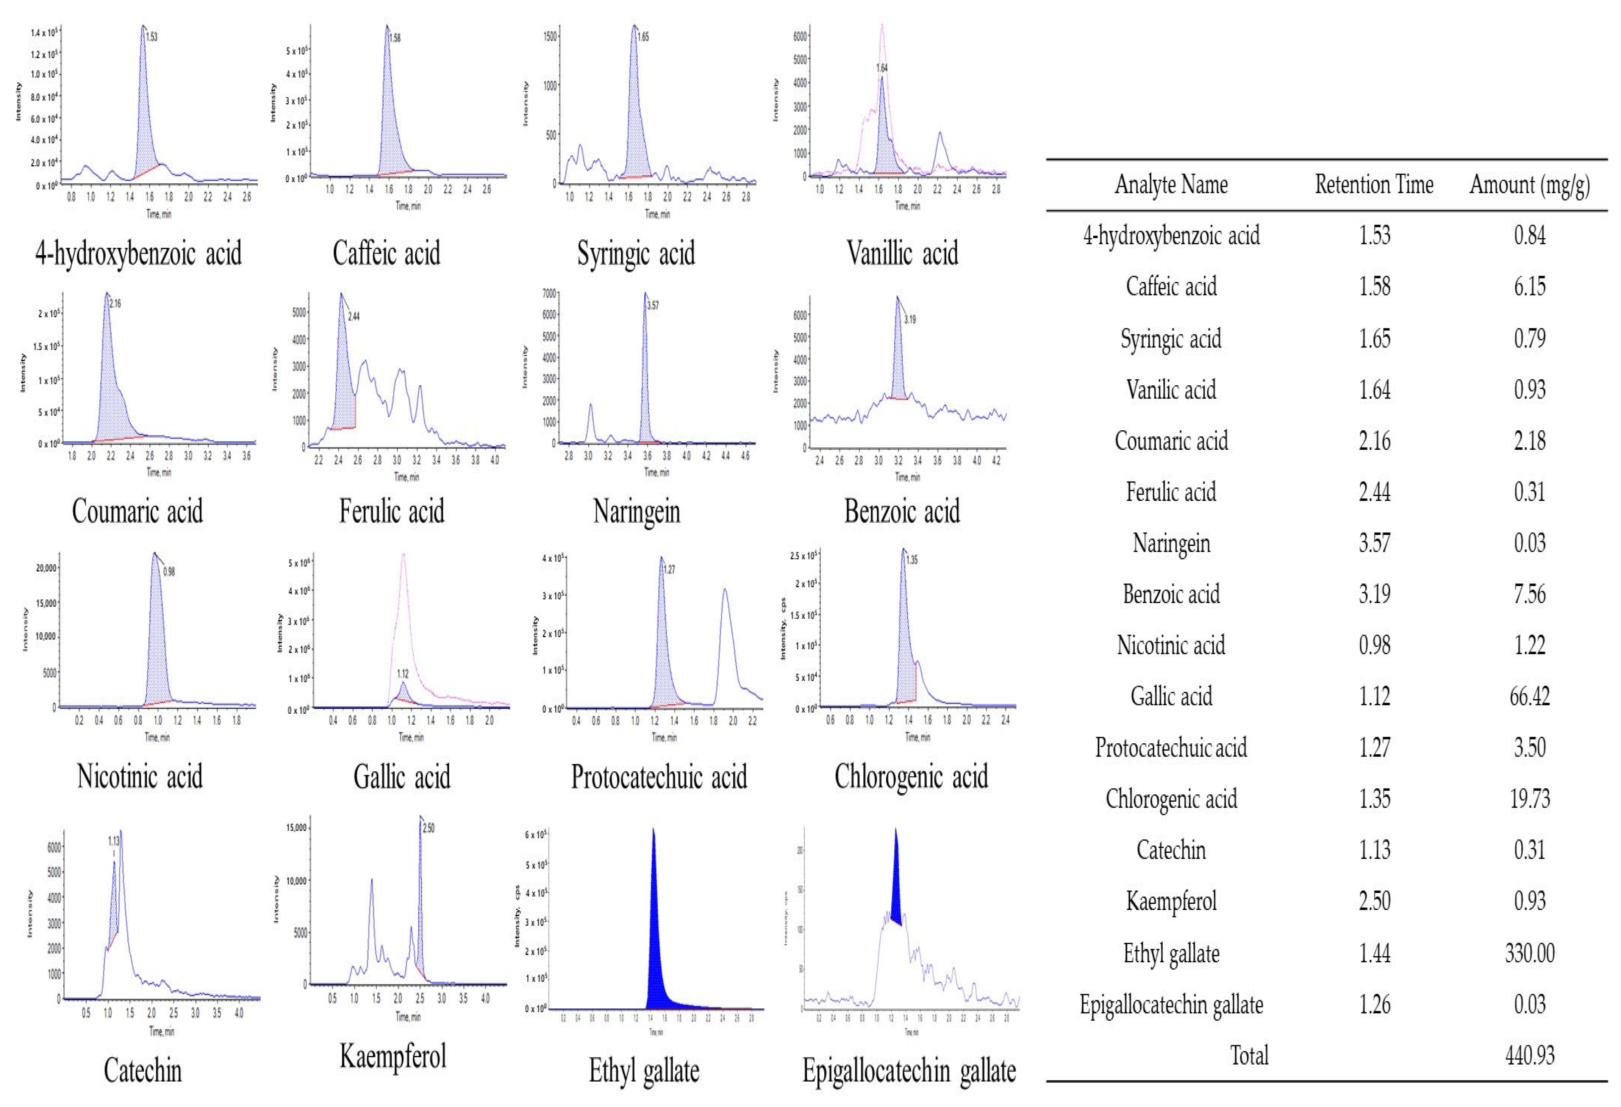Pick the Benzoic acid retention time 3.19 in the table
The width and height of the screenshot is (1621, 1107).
coord(1374,594)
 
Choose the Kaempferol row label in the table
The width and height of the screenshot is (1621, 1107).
coord(1171,901)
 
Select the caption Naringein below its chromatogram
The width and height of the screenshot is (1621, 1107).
coord(636,511)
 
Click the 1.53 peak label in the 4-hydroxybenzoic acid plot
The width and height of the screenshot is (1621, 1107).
coord(152,37)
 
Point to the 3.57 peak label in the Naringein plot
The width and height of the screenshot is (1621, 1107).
coord(653,305)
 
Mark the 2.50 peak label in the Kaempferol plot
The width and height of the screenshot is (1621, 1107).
coord(429,828)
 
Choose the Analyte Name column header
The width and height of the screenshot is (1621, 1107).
coord(1171,185)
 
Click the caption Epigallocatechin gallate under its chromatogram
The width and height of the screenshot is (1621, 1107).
coord(909,1071)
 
